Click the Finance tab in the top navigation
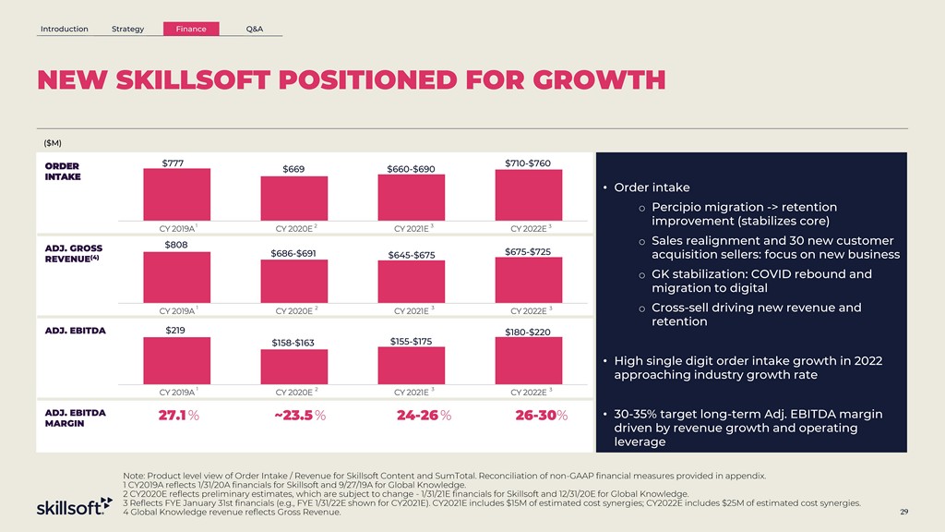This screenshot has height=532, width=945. point(191,29)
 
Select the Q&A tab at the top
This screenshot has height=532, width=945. point(255,29)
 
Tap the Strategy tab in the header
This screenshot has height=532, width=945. point(127,29)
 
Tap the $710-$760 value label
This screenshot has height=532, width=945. point(528,163)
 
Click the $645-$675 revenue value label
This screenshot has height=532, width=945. point(412,255)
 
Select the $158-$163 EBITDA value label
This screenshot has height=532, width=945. point(293,344)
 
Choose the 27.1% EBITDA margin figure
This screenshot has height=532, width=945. point(178,415)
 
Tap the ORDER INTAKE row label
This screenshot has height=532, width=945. point(62,172)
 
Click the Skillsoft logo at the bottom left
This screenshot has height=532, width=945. point(74,508)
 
